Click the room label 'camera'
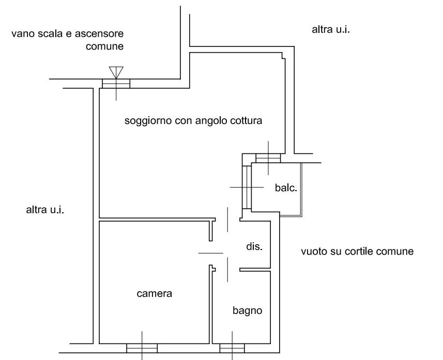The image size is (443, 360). [154, 294]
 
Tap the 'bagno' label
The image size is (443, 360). [247, 311]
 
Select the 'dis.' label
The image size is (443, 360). [254, 247]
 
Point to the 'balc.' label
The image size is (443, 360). [286, 188]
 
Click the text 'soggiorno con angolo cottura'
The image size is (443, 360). [194, 121]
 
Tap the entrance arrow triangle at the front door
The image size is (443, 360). [116, 72]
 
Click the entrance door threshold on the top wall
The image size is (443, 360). [116, 83]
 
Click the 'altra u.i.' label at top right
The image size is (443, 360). [331, 29]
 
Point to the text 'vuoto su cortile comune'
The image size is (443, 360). [357, 252]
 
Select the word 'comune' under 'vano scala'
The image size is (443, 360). [105, 46]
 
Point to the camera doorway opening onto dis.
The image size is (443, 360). [211, 253]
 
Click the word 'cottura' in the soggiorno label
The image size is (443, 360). [247, 121]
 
